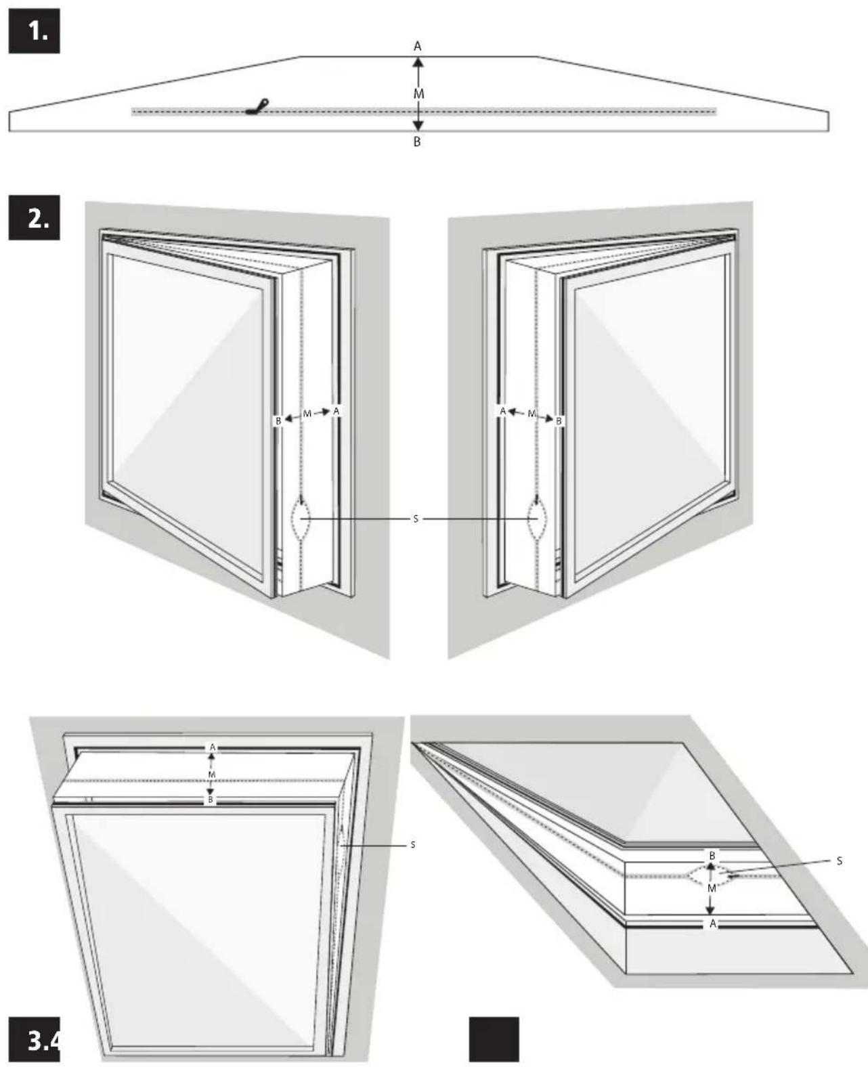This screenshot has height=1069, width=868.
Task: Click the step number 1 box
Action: pyautogui.click(x=34, y=31)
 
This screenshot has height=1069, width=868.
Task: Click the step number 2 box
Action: pyautogui.click(x=34, y=218)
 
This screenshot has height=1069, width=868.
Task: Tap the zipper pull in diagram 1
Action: pyautogui.click(x=257, y=106)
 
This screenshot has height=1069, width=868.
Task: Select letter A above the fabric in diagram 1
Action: pyautogui.click(x=418, y=47)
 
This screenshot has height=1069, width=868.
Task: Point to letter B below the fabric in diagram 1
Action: pyautogui.click(x=417, y=142)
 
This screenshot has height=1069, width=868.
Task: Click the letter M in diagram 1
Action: pyautogui.click(x=418, y=94)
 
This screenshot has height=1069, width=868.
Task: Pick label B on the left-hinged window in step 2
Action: pyautogui.click(x=278, y=421)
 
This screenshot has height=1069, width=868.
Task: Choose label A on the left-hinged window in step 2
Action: pyautogui.click(x=337, y=411)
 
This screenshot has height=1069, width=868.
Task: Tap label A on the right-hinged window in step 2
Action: pyautogui.click(x=503, y=411)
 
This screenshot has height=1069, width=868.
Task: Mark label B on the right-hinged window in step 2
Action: pyautogui.click(x=559, y=421)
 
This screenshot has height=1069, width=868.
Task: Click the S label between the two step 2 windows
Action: pyautogui.click(x=416, y=519)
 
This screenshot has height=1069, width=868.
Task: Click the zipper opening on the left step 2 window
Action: pyautogui.click(x=301, y=519)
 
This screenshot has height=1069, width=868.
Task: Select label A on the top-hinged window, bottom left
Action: pyautogui.click(x=212, y=747)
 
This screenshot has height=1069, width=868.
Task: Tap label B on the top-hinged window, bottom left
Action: pyautogui.click(x=211, y=800)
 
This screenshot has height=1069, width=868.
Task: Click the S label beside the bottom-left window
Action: pyautogui.click(x=413, y=845)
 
